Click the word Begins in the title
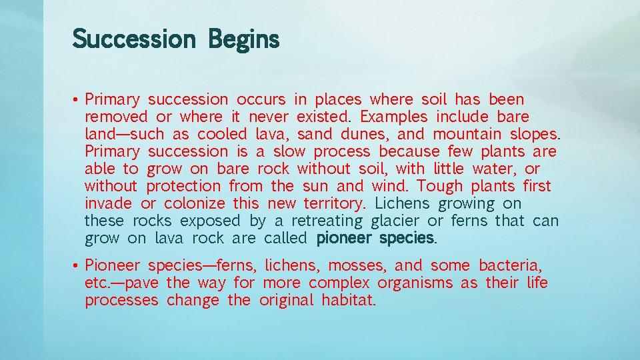click(244, 39)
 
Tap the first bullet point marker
click(77, 100)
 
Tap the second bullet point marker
click(77, 266)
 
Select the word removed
click(116, 117)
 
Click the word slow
click(289, 152)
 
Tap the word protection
click(183, 187)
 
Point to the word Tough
click(440, 187)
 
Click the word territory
click(334, 204)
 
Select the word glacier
click(395, 221)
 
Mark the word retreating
click(327, 221)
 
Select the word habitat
click(348, 301)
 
